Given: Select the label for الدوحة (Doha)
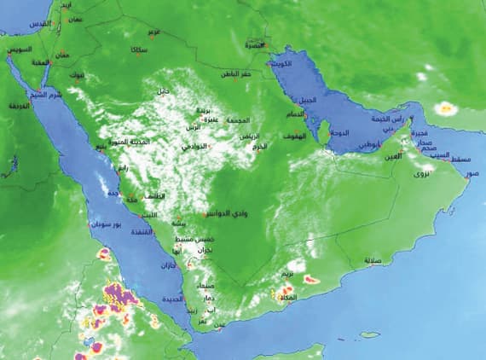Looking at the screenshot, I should (x=340, y=133).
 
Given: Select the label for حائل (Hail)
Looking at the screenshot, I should (x=162, y=91).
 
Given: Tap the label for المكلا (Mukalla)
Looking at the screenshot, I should (x=287, y=299).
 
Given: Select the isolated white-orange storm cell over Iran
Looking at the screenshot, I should (x=445, y=108).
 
